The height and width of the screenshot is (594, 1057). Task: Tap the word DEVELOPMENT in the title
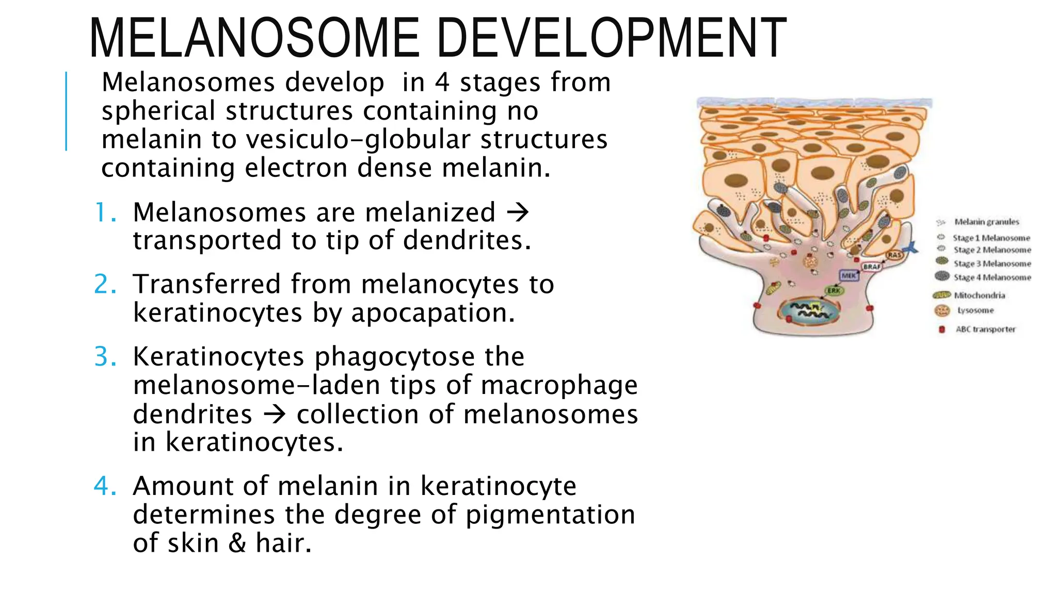point(614,39)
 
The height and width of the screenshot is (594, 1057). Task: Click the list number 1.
point(104,212)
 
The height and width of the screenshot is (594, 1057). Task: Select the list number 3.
point(105,356)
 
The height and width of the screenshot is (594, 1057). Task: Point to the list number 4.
point(105,486)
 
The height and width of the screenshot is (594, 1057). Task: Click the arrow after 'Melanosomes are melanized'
point(517,212)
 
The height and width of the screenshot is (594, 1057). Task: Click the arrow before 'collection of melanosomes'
point(274,414)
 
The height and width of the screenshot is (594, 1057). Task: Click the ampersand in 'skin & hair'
point(237,543)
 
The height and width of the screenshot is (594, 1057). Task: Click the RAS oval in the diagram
point(894,255)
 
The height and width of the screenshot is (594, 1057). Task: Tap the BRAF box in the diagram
point(872,267)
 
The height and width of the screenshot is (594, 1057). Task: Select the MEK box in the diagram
point(849,276)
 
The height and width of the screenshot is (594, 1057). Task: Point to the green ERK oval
point(834,291)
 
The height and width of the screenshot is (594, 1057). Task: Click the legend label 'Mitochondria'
point(979,295)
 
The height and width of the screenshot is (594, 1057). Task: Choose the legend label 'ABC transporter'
point(985,329)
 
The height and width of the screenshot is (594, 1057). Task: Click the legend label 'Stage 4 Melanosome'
point(992,277)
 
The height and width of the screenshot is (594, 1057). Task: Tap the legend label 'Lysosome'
point(975,310)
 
